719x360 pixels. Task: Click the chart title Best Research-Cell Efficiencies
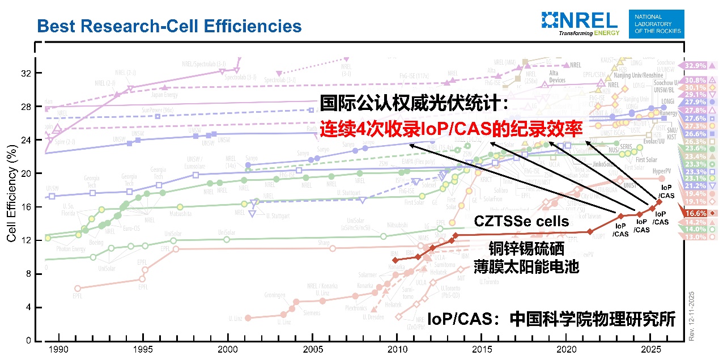pos(169,26)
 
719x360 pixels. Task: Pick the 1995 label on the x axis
pos(143,349)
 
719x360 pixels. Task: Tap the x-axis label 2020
pos(566,349)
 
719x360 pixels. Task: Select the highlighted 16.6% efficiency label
pos(696,213)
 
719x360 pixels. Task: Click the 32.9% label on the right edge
pos(696,66)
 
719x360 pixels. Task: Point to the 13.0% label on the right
pos(696,237)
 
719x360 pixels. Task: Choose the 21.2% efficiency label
pos(696,185)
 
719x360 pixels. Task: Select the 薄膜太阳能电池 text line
pos(535,266)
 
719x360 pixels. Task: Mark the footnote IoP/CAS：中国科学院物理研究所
pos(551,319)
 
